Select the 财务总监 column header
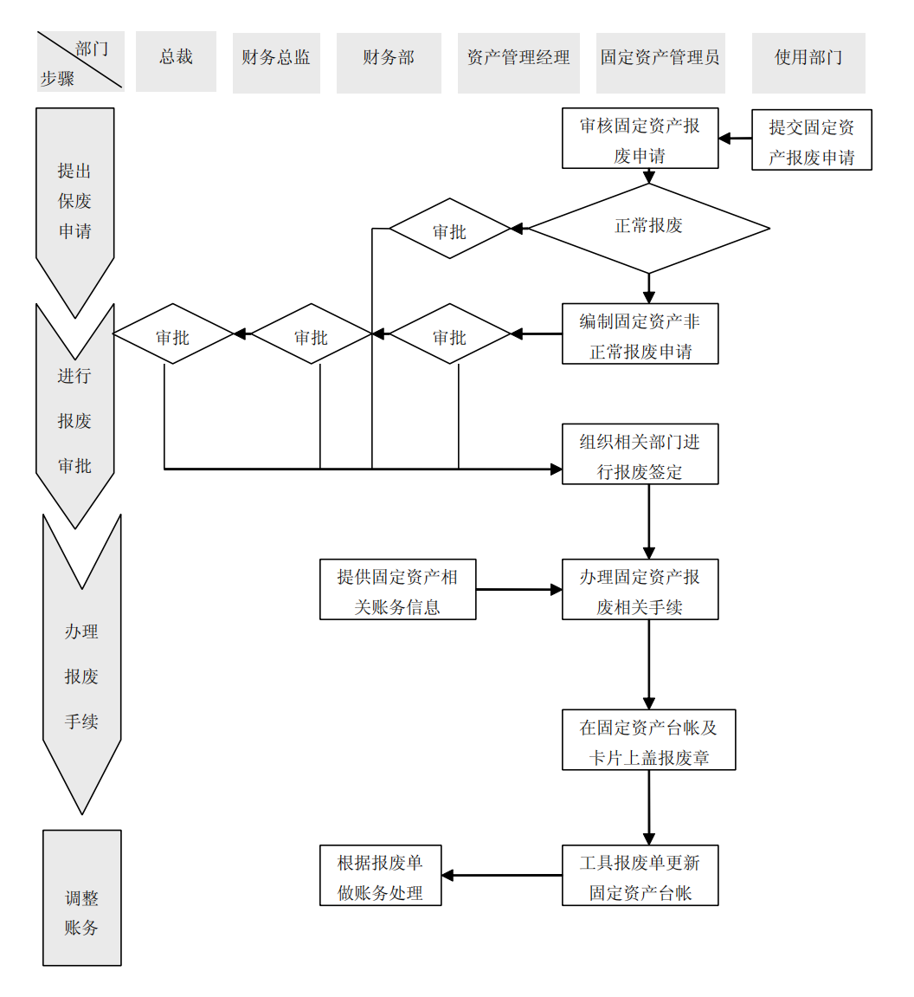(x=276, y=62)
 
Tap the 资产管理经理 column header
(x=518, y=62)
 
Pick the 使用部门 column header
(x=808, y=62)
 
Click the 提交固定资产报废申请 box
(x=811, y=139)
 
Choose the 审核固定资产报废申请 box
(x=640, y=139)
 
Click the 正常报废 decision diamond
(x=648, y=228)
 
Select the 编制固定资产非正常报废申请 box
(x=640, y=334)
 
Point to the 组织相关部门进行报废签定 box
(x=640, y=455)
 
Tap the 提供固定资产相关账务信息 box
(x=397, y=590)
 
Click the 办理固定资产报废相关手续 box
(x=640, y=590)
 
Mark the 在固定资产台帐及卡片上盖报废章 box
(x=648, y=741)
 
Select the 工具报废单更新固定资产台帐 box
(x=640, y=876)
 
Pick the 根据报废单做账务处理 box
(x=380, y=876)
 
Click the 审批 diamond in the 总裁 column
(x=173, y=334)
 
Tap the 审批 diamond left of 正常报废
(x=449, y=229)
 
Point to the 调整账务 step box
(x=82, y=898)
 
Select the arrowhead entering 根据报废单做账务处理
(x=448, y=876)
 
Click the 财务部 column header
(x=389, y=62)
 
